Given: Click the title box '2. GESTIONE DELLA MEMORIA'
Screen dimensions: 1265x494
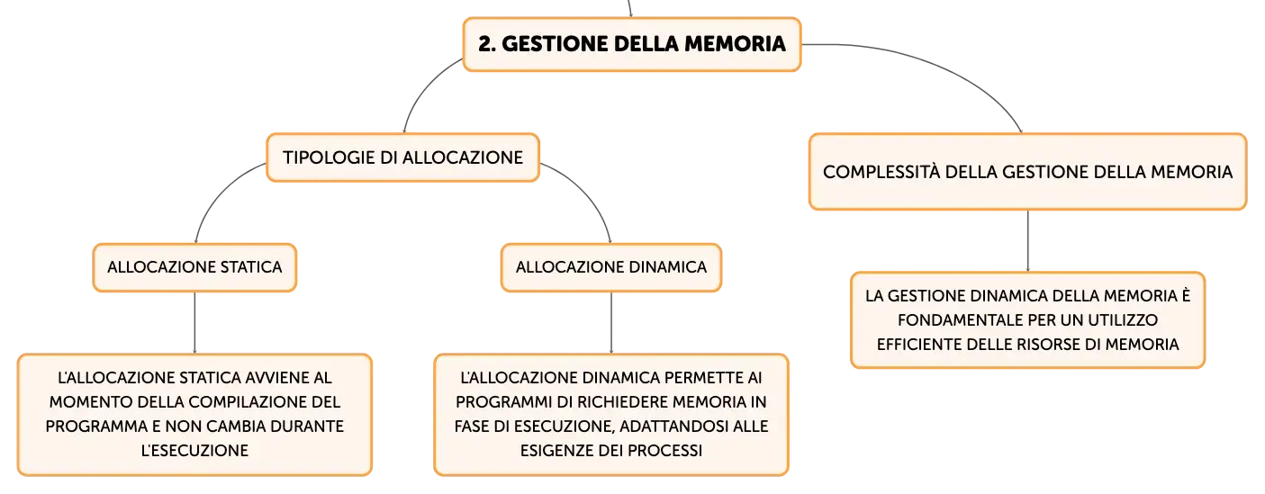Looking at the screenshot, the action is (x=632, y=44).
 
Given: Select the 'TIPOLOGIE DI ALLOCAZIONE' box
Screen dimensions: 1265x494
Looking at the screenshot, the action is (x=402, y=157).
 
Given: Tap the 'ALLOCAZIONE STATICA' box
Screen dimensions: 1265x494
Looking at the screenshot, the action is (x=194, y=267).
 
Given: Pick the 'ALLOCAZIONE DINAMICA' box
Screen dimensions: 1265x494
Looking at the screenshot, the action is (x=611, y=267).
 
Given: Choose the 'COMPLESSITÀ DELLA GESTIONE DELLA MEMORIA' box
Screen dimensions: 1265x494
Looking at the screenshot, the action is (x=1027, y=172).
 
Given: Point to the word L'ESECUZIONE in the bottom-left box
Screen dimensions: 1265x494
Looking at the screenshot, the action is (x=194, y=451).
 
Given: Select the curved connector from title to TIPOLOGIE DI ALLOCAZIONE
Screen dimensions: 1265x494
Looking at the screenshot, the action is (x=422, y=87).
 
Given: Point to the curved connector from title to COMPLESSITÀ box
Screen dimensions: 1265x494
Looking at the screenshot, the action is (x=937, y=67).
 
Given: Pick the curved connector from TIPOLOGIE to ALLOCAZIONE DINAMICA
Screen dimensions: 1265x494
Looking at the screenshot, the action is (x=587, y=192).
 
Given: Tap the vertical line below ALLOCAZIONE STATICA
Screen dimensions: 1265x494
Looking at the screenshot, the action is (x=194, y=323).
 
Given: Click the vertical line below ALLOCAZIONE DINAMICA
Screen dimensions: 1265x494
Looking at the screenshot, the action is (x=611, y=323).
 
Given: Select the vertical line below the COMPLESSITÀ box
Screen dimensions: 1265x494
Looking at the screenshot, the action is (x=1028, y=241).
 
